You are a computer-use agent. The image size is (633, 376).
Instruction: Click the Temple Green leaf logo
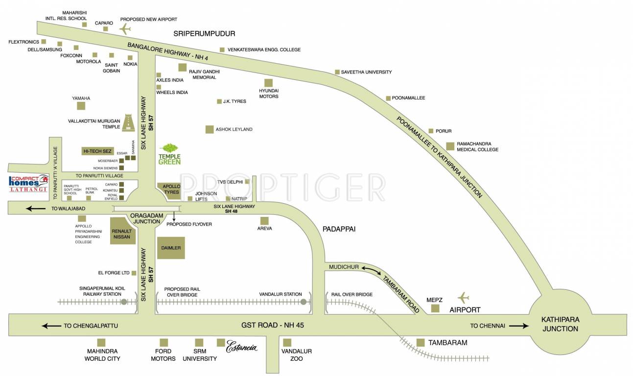coord(170,148)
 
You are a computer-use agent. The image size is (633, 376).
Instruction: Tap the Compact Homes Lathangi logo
coord(28,184)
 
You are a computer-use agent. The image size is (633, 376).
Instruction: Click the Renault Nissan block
coord(122,234)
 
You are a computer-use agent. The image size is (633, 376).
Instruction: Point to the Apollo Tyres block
coord(169,189)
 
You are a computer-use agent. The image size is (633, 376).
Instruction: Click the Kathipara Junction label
coord(560,324)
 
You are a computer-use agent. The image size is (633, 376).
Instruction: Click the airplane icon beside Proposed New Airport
coord(126,29)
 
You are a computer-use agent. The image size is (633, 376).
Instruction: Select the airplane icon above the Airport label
coord(463,297)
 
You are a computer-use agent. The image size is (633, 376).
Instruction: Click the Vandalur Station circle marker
coord(304,302)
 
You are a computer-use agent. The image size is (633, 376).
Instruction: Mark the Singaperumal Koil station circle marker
coord(124,302)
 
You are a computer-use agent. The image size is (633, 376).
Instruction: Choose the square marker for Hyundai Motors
coord(268,83)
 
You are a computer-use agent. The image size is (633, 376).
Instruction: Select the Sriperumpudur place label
coord(204,34)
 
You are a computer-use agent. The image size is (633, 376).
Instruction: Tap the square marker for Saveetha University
coord(337,72)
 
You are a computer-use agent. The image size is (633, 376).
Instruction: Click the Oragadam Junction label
coord(146,218)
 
